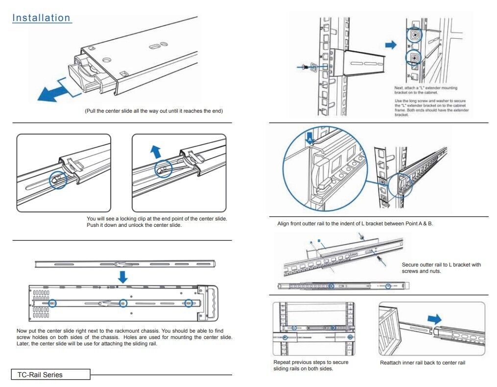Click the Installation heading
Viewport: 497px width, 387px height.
[x=42, y=18]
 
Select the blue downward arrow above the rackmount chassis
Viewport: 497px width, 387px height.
[x=122, y=277]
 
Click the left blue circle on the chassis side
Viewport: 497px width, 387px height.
[x=52, y=303]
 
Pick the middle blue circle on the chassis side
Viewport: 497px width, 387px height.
[x=123, y=303]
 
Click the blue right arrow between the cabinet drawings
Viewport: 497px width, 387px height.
[x=391, y=45]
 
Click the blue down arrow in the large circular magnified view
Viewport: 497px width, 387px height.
[x=309, y=136]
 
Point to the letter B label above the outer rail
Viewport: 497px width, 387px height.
[x=319, y=241]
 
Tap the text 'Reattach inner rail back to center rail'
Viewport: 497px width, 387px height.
[x=423, y=363]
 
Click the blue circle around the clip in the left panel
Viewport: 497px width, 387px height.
[x=58, y=179]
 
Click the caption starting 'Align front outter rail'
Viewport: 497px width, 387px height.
[x=355, y=224]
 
